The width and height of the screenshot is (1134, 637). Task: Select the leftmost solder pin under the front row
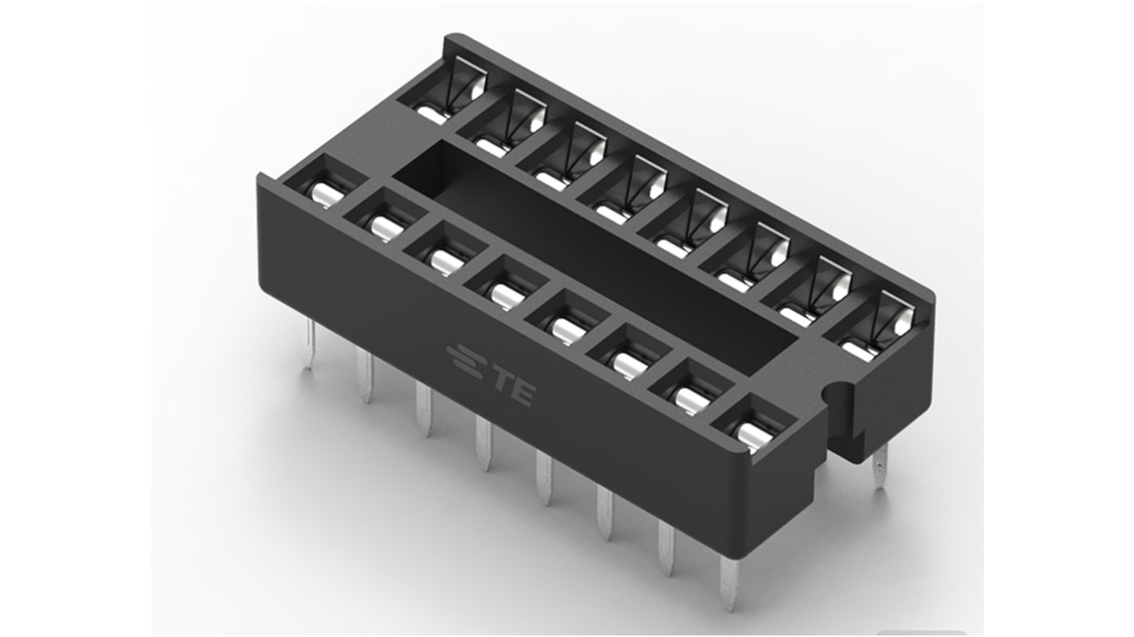click(309, 344)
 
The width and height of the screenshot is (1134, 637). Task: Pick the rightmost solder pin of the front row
click(730, 584)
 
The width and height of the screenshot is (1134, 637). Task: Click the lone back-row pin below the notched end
click(880, 466)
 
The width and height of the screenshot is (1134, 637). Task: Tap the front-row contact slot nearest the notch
click(754, 424)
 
